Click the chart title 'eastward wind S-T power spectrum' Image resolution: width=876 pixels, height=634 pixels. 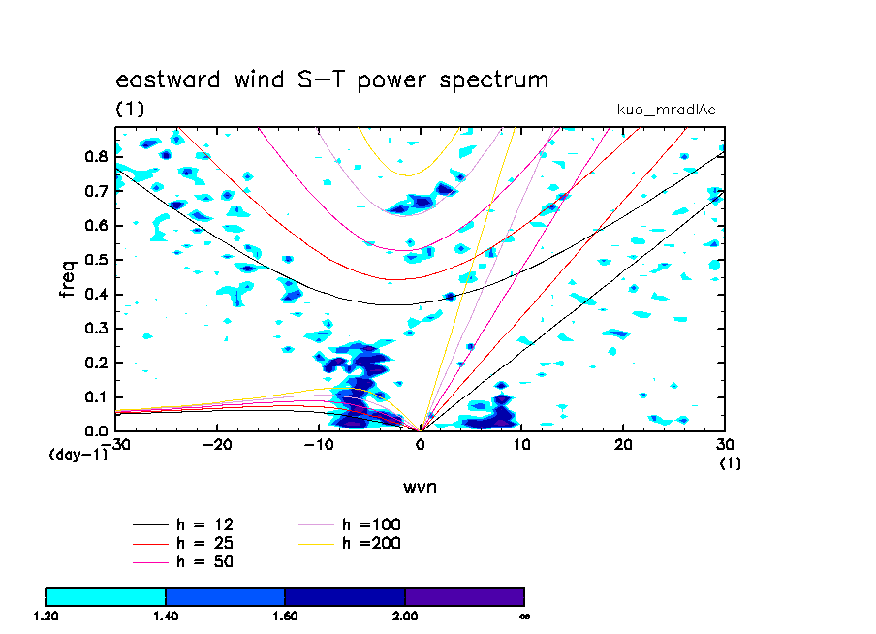point(332,79)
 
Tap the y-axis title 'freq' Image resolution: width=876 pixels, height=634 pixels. point(68,278)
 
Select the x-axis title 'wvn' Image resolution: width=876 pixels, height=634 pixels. point(420,486)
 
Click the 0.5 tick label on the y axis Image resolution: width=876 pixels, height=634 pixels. point(95,260)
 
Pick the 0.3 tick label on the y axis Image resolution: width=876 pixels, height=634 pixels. point(95,329)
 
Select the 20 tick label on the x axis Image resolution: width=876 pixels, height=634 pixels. point(623,444)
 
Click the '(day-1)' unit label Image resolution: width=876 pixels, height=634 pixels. point(78,454)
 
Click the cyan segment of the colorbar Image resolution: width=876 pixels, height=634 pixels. point(106,596)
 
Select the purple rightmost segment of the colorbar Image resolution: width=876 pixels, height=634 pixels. point(465,596)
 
